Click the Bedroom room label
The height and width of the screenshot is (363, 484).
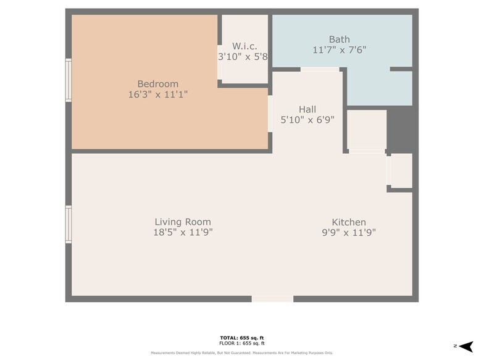157,84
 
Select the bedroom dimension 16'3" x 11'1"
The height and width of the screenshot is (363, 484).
157,94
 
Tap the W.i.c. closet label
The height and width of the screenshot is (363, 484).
244,46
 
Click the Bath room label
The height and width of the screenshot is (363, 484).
339,39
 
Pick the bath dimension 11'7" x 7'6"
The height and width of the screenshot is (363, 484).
339,49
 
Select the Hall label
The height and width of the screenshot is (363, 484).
307,109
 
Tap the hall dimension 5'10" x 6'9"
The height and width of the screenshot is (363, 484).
307,120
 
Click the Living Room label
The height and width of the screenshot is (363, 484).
182,222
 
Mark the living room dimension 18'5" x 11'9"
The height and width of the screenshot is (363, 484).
182,233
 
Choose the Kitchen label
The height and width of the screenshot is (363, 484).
349,222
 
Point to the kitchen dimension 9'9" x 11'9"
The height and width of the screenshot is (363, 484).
349,233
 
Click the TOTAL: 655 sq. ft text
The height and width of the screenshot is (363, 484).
242,338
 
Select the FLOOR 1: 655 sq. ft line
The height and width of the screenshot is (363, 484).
242,343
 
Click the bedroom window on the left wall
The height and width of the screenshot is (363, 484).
69,80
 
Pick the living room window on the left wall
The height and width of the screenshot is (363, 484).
69,225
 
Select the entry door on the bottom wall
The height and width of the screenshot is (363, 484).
272,299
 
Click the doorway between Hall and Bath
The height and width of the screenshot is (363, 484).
319,69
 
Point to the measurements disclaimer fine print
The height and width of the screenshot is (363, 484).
242,353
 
